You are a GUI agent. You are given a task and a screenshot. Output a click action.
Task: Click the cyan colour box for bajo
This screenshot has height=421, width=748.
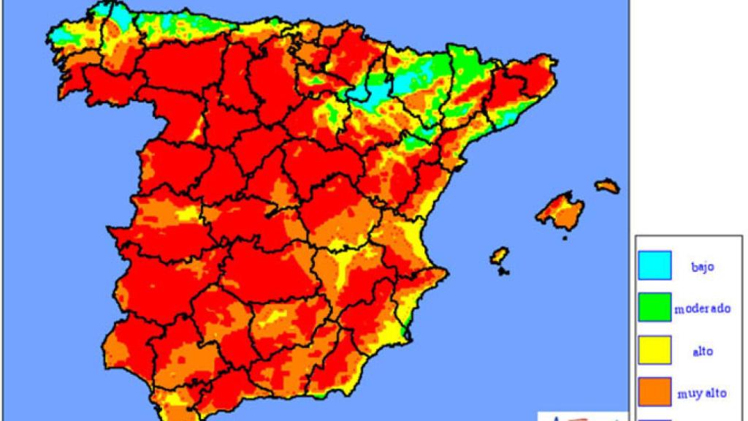(654, 265)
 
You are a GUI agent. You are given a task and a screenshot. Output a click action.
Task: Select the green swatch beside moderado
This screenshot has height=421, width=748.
(654, 308)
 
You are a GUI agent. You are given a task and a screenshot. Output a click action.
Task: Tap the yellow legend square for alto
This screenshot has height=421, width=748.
(654, 350)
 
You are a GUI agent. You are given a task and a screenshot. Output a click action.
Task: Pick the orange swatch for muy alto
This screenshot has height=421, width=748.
(654, 392)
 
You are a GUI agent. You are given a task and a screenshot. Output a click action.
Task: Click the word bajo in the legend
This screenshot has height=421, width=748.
(702, 266)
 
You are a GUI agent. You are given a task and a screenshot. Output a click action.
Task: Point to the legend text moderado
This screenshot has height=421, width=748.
(702, 308)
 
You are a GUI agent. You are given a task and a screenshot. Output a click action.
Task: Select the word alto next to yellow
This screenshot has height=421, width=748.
(702, 351)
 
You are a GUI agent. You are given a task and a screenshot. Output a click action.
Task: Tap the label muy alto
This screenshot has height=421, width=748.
(702, 393)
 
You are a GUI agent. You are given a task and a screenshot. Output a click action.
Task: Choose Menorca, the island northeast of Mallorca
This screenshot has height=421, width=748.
(607, 186)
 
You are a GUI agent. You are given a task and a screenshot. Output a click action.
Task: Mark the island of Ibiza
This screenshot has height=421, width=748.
(500, 256)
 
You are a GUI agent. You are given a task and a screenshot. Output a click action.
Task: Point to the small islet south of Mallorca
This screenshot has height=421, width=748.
(564, 237)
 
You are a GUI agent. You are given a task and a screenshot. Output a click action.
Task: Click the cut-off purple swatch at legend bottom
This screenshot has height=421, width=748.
(654, 418)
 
